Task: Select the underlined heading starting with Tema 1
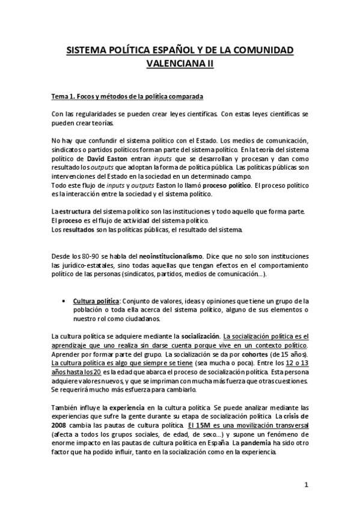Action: pyautogui.click(x=128, y=96)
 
